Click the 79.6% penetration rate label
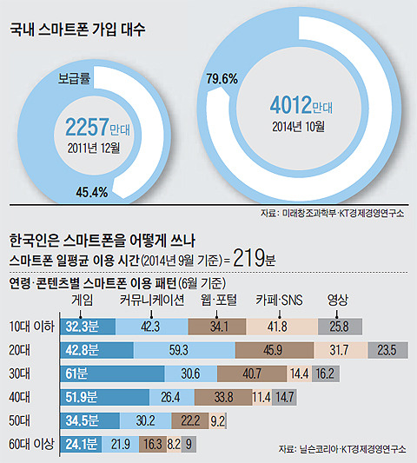(x=222, y=79)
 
